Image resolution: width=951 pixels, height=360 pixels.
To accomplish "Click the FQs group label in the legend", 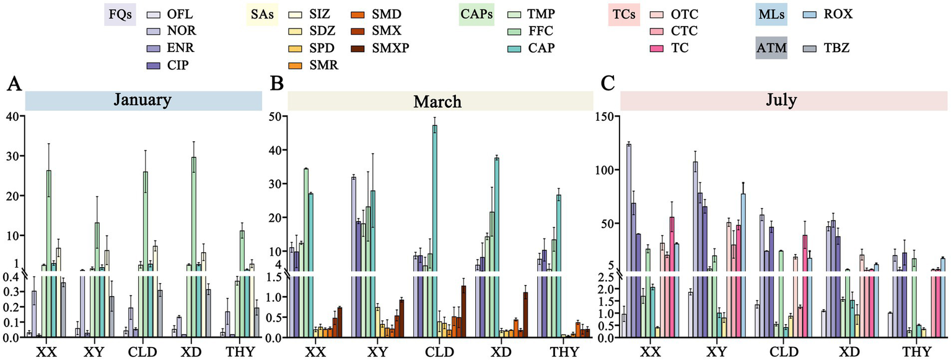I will [x=119, y=14].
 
